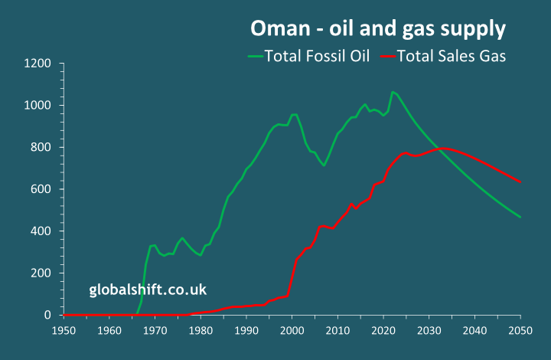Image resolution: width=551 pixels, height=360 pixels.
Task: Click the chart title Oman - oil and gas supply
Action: [378, 29]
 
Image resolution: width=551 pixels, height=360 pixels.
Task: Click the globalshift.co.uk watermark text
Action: [148, 290]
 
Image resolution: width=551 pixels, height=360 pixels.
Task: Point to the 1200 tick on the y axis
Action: [38, 64]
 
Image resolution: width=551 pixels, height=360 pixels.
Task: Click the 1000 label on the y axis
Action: [38, 106]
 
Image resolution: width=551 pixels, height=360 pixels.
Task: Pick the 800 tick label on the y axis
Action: [41, 148]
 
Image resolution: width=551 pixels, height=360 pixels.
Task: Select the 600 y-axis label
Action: [41, 190]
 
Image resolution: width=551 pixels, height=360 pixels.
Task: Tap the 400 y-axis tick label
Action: [41, 231]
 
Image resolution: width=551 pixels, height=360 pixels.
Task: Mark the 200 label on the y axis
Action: [41, 273]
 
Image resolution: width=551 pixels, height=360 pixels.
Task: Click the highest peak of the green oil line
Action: [393, 92]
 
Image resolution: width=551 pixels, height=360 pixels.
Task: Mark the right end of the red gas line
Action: [520, 182]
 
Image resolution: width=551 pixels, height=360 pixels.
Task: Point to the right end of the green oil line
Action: [520, 217]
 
